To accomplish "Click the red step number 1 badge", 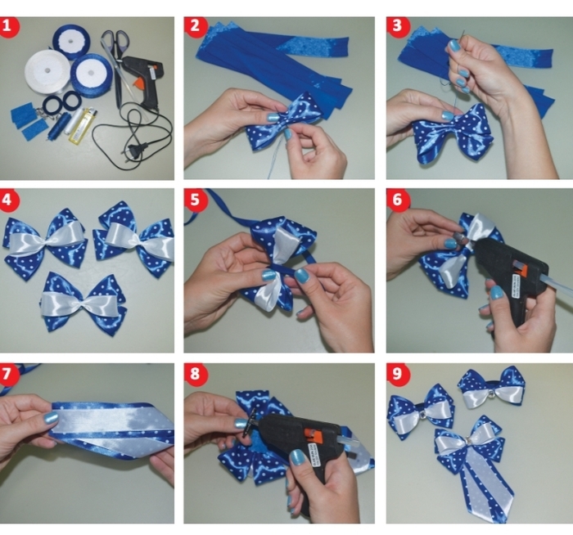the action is pos(10,26).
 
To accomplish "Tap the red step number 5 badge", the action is pos(195,200).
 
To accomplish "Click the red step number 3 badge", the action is pos(397,26).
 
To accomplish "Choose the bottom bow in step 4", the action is pos(83,302).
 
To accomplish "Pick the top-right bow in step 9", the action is pos(492,389).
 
